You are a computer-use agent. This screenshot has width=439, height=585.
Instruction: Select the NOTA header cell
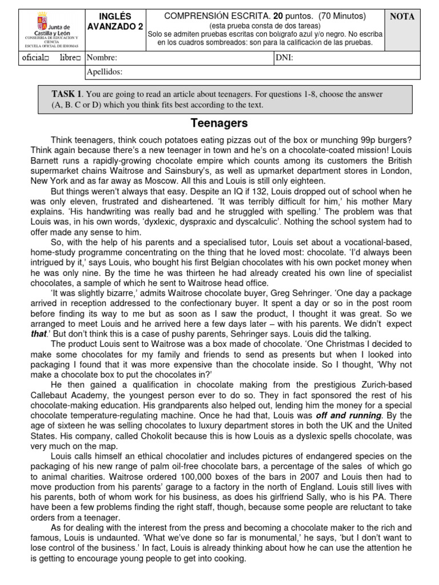point(402,17)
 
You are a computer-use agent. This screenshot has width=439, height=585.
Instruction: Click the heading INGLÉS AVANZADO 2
point(115,21)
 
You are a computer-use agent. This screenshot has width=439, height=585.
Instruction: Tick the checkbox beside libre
point(80,58)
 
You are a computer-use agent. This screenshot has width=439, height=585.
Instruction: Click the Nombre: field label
point(102,58)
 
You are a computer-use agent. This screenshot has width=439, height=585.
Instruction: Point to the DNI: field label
point(285,58)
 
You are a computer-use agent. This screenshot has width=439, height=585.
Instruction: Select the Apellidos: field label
point(104,72)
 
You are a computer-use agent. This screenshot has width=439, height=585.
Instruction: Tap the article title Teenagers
point(219,123)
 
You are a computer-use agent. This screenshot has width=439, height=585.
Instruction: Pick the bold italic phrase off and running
point(349,415)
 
